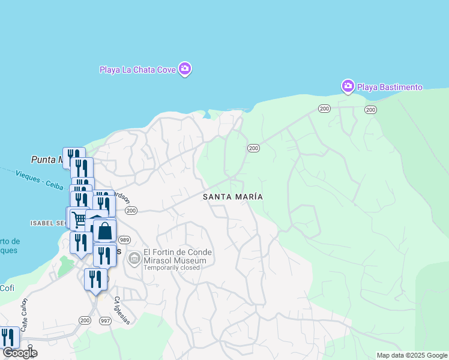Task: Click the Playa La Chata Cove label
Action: (x=137, y=70)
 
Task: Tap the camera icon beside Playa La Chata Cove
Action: (x=185, y=69)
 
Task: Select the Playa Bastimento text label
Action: (x=390, y=87)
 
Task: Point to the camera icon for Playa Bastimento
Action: (x=348, y=87)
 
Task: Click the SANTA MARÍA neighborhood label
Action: (x=233, y=197)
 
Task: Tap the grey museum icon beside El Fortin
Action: (x=134, y=259)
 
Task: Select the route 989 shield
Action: (x=125, y=239)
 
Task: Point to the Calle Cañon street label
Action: (x=25, y=314)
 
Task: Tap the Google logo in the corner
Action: (x=20, y=353)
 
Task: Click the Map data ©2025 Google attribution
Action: (x=411, y=355)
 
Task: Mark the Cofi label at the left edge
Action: (x=7, y=288)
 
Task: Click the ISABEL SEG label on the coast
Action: (x=47, y=223)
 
